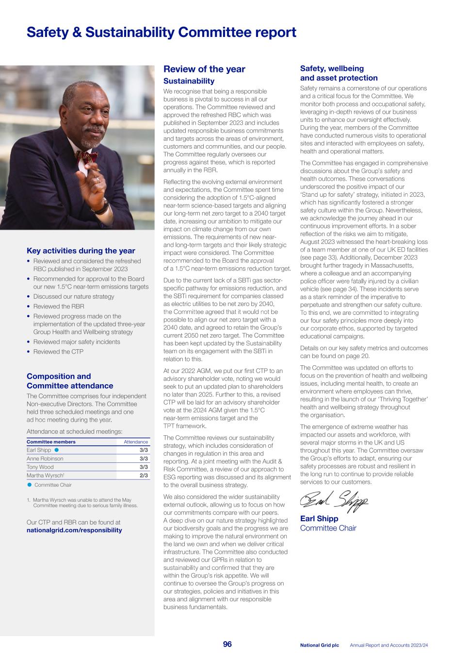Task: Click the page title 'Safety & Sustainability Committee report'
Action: pyautogui.click(x=161, y=33)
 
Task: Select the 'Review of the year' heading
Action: pyautogui.click(x=204, y=69)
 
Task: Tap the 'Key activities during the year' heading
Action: pyautogui.click(x=81, y=251)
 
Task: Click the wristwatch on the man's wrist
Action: pyautogui.click(x=102, y=206)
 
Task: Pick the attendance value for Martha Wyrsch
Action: pyautogui.click(x=144, y=476)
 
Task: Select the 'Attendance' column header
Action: pyautogui.click(x=136, y=442)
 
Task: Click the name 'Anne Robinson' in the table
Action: pyautogui.click(x=45, y=459)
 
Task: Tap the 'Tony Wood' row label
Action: pyautogui.click(x=40, y=467)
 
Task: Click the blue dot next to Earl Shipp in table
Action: pyautogui.click(x=57, y=450)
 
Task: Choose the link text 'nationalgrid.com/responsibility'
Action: pyautogui.click(x=74, y=530)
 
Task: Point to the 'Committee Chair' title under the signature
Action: pyautogui.click(x=328, y=528)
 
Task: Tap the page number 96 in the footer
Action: pyautogui.click(x=227, y=644)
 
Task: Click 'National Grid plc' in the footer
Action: pyautogui.click(x=319, y=645)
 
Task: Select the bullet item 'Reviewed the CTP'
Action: pyautogui.click(x=58, y=352)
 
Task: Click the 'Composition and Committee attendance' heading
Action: pyautogui.click(x=70, y=381)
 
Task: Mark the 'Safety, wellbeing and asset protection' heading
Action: pyautogui.click(x=339, y=73)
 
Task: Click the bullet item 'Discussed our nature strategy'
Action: pyautogui.click(x=74, y=296)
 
